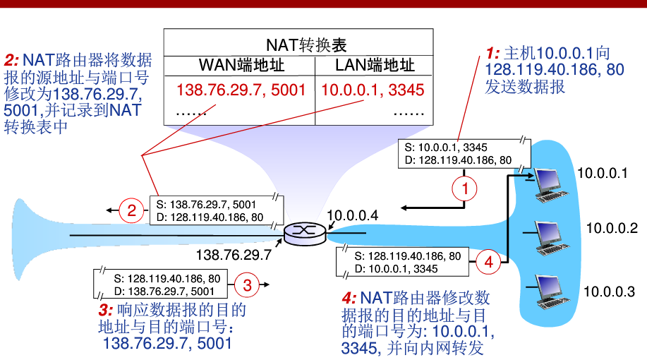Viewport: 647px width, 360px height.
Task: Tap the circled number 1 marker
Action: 464,188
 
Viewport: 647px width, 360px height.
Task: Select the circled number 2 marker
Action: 131,210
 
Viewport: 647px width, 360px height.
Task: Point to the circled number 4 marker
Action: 488,262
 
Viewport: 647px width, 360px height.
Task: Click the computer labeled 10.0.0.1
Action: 549,182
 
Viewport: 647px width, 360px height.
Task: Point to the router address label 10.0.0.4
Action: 353,215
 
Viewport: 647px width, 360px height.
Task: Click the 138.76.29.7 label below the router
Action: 234,253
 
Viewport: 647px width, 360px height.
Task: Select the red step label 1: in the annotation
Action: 492,53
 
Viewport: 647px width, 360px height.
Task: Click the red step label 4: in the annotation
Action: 349,298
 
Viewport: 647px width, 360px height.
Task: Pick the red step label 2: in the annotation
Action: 12,59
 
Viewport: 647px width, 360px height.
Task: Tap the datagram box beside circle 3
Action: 164,284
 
